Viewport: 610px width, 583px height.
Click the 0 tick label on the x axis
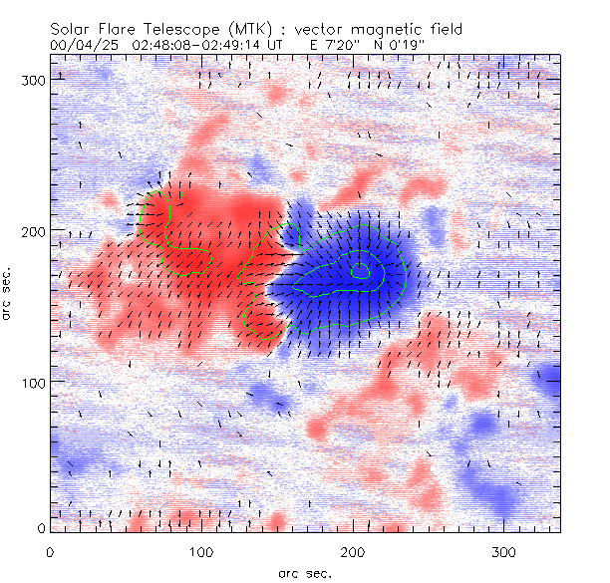50,551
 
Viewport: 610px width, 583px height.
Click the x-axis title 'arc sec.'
305,573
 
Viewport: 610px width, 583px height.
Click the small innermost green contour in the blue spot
360,270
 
